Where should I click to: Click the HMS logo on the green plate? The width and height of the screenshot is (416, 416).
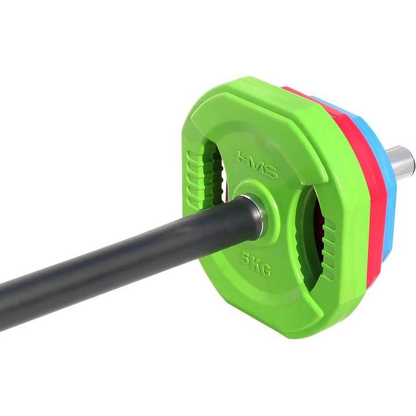click(x=258, y=163)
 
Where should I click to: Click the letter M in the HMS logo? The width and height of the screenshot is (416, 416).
click(x=257, y=163)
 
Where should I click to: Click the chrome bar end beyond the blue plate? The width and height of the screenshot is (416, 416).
click(x=401, y=161)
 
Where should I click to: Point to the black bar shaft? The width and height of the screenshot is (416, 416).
click(x=114, y=256)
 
